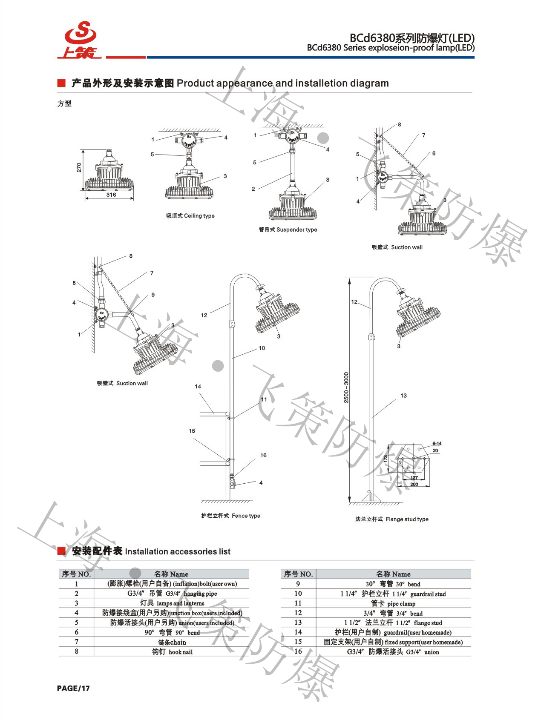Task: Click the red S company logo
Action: tap(80, 39)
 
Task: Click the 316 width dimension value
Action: tap(111, 195)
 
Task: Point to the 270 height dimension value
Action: tap(79, 167)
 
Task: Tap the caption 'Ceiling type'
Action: tap(190, 216)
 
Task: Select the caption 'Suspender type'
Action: tap(288, 230)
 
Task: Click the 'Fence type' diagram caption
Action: tap(230, 516)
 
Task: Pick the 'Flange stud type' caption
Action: tap(391, 519)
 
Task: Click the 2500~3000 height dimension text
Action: tap(346, 387)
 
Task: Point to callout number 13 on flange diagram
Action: tap(403, 396)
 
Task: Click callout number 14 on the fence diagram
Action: tap(198, 387)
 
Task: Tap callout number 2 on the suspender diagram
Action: tap(253, 189)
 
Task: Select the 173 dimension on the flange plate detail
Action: tap(386, 459)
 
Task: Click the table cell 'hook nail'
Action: tap(172, 652)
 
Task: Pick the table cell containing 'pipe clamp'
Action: tap(393, 603)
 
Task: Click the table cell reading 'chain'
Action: tap(172, 642)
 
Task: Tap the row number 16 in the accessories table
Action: tap(298, 651)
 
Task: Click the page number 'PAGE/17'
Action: tap(73, 689)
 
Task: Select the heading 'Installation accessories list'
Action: tap(177, 551)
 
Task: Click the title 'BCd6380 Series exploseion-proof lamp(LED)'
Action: tap(390, 48)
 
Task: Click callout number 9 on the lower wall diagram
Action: tap(153, 295)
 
